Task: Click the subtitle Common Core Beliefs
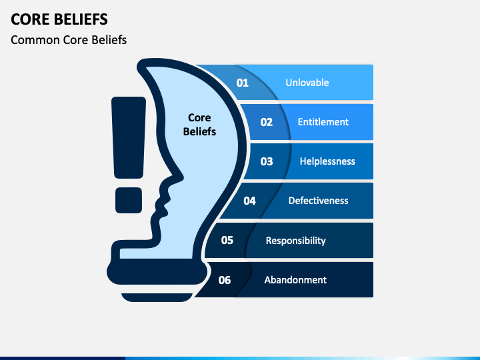tap(69, 40)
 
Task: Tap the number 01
tap(243, 83)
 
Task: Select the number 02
tap(267, 122)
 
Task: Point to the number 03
tap(267, 161)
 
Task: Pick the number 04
tap(249, 201)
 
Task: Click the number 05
tap(227, 240)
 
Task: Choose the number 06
tap(225, 280)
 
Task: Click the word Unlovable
tap(307, 83)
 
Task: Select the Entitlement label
tap(323, 122)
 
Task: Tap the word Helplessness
tap(327, 161)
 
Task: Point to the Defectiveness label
tap(319, 201)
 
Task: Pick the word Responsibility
tap(295, 240)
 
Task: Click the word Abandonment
tap(295, 280)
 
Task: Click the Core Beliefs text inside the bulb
tap(199, 125)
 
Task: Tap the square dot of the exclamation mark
tap(129, 199)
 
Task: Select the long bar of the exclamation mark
tap(129, 137)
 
